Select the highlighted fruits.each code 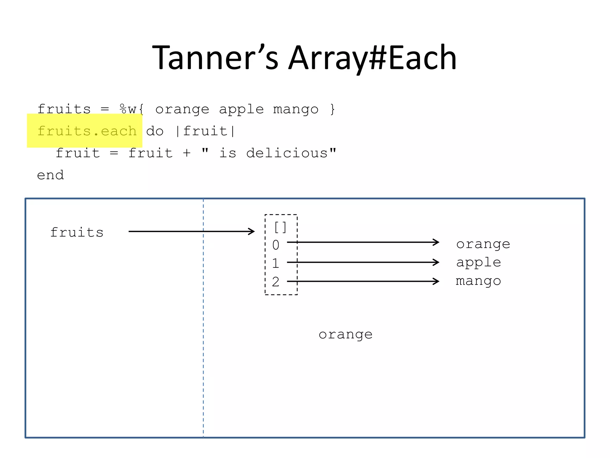coord(87,131)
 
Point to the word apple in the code coord(241,109)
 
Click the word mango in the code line coord(295,109)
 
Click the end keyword coord(50,175)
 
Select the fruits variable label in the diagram coord(77,232)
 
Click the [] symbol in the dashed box coord(280,228)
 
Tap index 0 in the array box coord(276,245)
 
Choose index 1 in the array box coord(276,263)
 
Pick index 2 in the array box coord(276,282)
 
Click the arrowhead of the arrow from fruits coord(252,231)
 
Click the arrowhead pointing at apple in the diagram coord(436,262)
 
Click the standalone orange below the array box coord(346,335)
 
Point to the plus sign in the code coord(187,153)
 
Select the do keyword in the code coord(155,131)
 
